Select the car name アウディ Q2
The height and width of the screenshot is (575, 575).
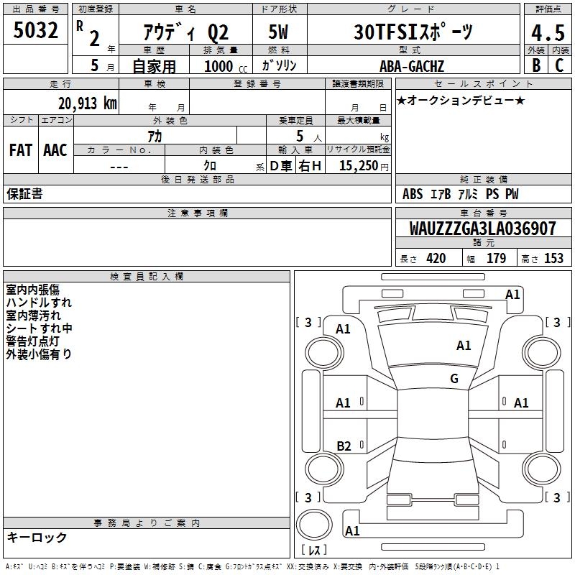pos(185,32)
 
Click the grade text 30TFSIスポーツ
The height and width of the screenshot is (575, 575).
pos(414,32)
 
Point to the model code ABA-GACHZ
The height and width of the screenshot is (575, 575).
pos(412,66)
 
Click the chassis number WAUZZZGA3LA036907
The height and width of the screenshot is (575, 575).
pos(483,229)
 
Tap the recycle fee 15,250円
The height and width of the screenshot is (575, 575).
pos(364,165)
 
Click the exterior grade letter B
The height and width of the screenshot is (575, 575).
pos(535,65)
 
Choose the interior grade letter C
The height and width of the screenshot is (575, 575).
pos(558,65)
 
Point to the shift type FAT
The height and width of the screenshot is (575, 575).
pos(20,149)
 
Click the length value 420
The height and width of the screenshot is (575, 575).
pos(436,259)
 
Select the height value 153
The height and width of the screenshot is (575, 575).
pos(553,259)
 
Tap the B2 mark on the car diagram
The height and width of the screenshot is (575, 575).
pos(344,446)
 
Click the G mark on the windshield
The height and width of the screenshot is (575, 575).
pos(454,379)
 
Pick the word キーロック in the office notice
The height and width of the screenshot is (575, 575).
pos(37,538)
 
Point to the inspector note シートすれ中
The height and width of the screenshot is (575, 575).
pos(39,328)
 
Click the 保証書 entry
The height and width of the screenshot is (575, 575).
pos(24,194)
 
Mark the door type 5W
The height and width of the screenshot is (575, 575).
pos(279,32)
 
